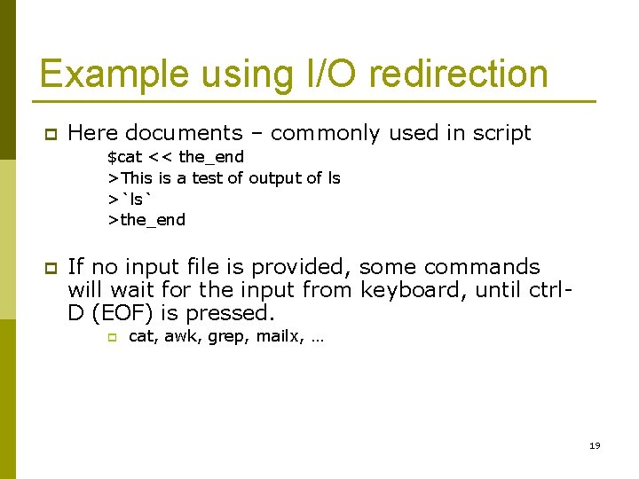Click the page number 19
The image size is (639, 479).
pyautogui.click(x=595, y=445)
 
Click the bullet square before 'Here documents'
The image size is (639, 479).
pyautogui.click(x=51, y=134)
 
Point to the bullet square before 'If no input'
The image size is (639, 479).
pyautogui.click(x=51, y=268)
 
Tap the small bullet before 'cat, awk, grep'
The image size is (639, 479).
pyautogui.click(x=112, y=337)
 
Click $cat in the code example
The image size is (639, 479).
pyautogui.click(x=124, y=157)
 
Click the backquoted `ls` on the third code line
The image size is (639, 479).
pyautogui.click(x=130, y=199)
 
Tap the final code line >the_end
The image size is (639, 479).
pyautogui.click(x=146, y=220)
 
